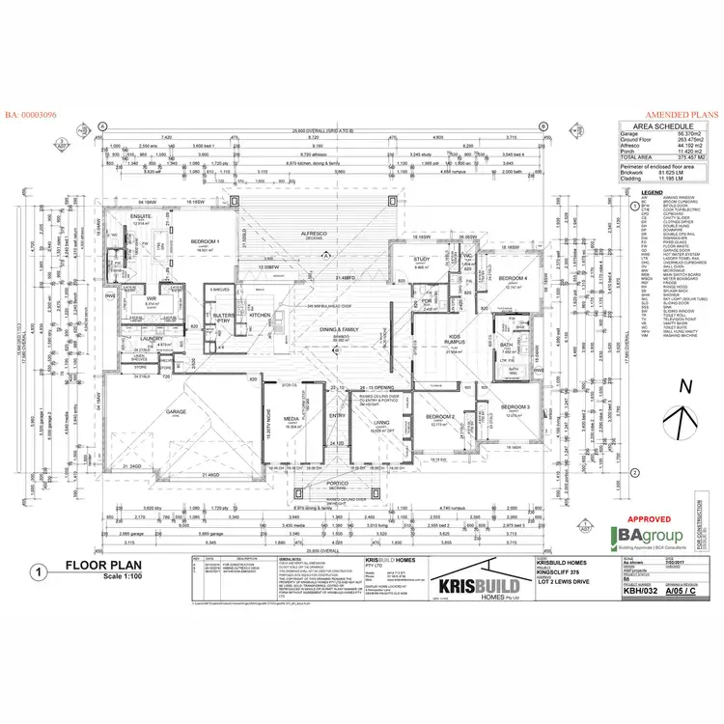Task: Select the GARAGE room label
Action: point(176,410)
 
